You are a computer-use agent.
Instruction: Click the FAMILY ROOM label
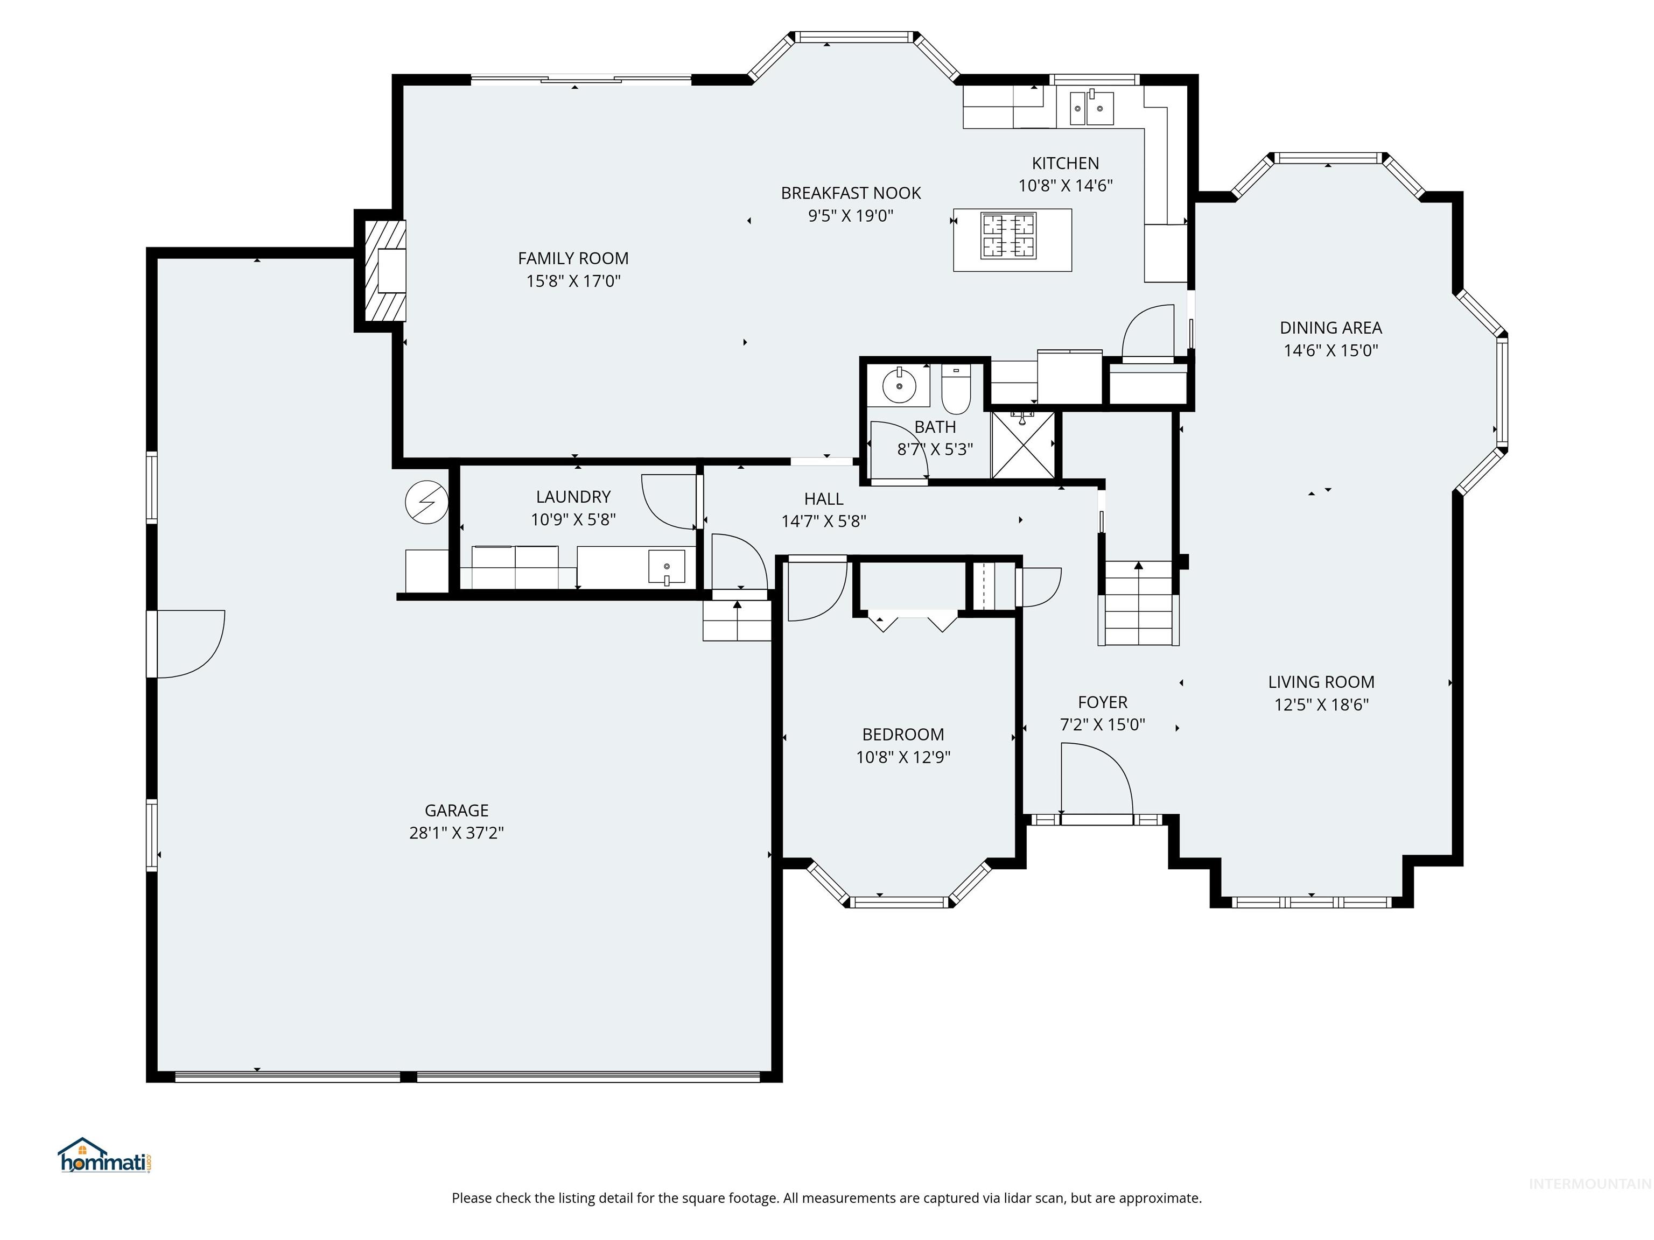pyautogui.click(x=573, y=259)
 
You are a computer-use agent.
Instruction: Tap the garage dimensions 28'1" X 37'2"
pyautogui.click(x=456, y=833)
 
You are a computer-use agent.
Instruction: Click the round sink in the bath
pyautogui.click(x=899, y=386)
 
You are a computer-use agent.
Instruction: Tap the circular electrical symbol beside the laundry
pyautogui.click(x=426, y=502)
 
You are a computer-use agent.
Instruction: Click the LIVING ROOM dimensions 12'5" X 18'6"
pyautogui.click(x=1321, y=704)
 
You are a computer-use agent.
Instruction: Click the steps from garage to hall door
pyautogui.click(x=737, y=622)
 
